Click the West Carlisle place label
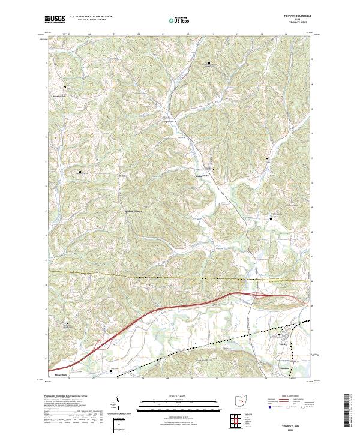click(x=58, y=96)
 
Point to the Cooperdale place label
click(x=172, y=121)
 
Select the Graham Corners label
click(x=133, y=211)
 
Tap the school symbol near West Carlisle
click(x=66, y=88)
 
